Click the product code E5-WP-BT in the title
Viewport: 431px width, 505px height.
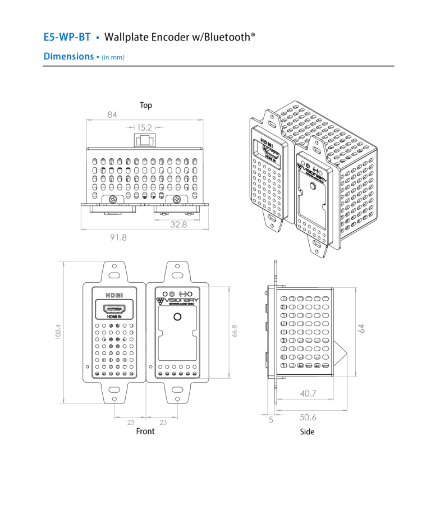tap(67, 38)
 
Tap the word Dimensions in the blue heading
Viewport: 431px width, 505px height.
tap(68, 56)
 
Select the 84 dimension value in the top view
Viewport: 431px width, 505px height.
tap(112, 115)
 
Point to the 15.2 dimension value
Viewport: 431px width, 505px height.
tap(144, 127)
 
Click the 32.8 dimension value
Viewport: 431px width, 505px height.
tap(178, 224)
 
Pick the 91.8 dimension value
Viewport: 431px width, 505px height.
tap(118, 237)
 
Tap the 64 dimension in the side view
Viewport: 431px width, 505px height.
tap(362, 328)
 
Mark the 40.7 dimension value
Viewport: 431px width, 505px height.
tap(308, 394)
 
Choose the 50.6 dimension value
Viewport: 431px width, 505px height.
tap(308, 417)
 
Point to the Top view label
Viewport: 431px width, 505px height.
tap(146, 105)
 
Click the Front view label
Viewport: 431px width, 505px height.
tap(145, 431)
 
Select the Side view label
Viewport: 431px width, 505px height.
tap(307, 432)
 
